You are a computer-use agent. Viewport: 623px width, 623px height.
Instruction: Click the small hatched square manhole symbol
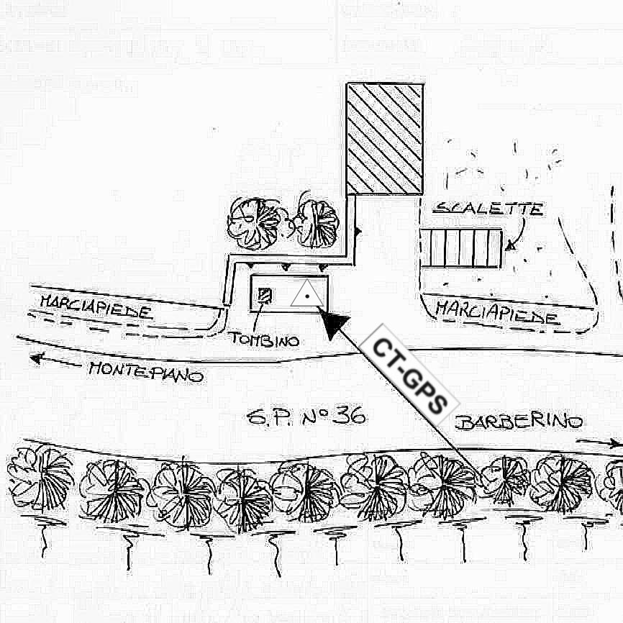tap(265, 295)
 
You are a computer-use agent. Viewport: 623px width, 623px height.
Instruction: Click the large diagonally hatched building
tap(384, 139)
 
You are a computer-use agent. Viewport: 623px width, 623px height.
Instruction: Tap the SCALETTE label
tap(488, 209)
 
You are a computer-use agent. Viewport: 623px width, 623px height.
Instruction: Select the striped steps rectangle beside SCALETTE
tap(460, 247)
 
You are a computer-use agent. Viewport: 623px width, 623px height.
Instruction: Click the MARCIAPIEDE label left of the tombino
tap(96, 306)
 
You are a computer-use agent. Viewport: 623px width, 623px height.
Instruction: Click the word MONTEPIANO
tap(146, 373)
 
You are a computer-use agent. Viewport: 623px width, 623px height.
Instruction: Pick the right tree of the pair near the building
tap(317, 223)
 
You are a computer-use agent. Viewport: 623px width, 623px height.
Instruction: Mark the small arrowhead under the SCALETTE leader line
tap(510, 246)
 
